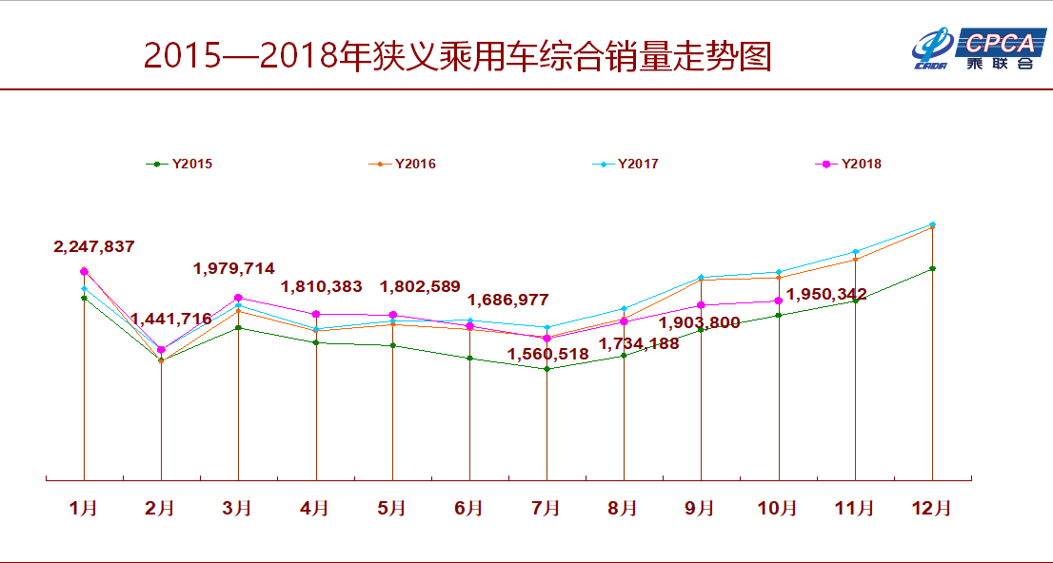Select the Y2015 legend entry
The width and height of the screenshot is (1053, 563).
[181, 164]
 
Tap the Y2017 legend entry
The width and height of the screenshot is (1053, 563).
[626, 164]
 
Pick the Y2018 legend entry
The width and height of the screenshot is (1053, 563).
[849, 164]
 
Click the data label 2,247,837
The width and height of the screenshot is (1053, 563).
[93, 246]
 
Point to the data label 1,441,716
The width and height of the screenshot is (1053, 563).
[171, 319]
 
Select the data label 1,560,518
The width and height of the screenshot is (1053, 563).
[547, 354]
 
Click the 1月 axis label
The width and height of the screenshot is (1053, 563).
[84, 509]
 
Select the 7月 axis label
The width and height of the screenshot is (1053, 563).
[546, 509]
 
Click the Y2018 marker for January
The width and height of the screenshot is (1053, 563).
[84, 271]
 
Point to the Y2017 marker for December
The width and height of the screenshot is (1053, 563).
[932, 224]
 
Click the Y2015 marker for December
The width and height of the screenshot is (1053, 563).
[932, 268]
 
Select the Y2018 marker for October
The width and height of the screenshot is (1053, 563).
[778, 301]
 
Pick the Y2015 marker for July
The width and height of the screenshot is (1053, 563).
[546, 369]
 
